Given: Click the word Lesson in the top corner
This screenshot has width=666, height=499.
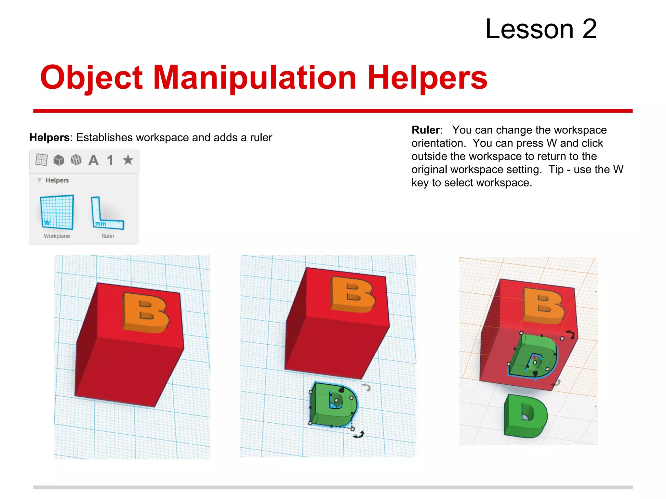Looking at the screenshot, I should (x=529, y=29).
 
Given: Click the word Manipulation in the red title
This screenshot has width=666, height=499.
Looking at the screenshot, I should (x=255, y=78).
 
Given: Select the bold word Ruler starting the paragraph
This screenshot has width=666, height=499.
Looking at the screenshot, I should (x=426, y=130).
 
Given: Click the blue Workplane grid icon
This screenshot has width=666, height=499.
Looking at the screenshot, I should (x=57, y=212).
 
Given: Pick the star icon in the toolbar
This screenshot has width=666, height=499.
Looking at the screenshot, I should (x=128, y=160).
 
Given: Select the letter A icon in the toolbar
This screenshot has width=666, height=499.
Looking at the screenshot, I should (x=94, y=160).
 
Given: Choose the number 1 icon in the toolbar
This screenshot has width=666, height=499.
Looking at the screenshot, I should (x=110, y=160).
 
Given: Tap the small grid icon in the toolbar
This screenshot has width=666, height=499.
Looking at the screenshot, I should (x=42, y=160).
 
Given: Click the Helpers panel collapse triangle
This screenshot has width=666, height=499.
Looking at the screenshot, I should (x=39, y=180).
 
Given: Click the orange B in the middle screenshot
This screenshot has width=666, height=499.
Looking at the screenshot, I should (x=353, y=294).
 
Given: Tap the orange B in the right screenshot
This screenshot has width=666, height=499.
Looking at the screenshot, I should (x=544, y=305).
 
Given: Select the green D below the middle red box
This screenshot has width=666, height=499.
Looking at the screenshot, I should (x=334, y=404).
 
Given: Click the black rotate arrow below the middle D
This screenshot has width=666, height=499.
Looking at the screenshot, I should (x=359, y=435).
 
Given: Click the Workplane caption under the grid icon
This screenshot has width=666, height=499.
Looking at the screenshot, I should (x=57, y=236).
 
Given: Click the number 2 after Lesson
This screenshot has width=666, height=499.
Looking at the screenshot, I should (x=590, y=29).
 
